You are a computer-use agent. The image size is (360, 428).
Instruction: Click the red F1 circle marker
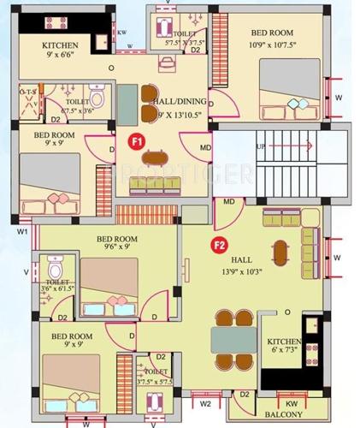(135, 140)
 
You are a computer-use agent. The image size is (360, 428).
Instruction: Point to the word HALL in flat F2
(241, 258)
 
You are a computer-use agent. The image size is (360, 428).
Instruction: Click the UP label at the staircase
(260, 146)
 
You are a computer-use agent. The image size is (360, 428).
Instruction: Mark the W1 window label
(22, 231)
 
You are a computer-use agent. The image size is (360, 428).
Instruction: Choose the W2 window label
(205, 403)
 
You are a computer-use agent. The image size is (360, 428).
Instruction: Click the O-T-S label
(27, 90)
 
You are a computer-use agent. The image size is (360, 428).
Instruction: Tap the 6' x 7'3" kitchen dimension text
(286, 349)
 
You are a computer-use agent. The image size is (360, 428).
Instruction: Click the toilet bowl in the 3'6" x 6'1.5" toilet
(56, 266)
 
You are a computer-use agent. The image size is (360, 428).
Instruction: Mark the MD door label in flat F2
(228, 202)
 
